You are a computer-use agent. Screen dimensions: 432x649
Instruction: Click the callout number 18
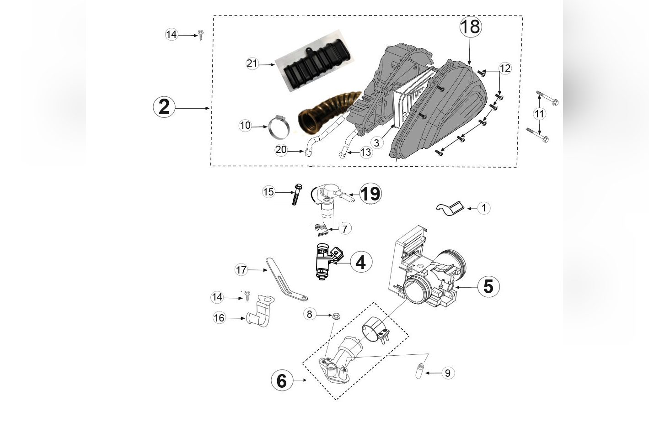point(470,26)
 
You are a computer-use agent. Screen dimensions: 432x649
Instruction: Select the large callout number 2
point(164,107)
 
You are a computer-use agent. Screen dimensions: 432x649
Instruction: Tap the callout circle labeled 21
point(252,63)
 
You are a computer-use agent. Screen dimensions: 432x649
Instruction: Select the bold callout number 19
point(370,194)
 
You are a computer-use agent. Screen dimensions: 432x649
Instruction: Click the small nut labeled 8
point(335,315)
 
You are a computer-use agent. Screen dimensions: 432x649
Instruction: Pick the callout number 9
point(447,373)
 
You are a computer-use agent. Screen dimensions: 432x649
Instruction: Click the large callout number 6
point(282,380)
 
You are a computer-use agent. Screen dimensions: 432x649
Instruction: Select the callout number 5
point(488,286)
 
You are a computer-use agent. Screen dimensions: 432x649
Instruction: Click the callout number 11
point(540,113)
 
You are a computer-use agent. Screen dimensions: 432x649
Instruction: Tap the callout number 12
point(505,68)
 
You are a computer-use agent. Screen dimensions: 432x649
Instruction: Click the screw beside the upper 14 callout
point(200,35)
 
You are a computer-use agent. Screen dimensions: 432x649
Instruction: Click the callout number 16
point(220,317)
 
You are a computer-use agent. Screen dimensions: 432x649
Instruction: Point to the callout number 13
point(366,152)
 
